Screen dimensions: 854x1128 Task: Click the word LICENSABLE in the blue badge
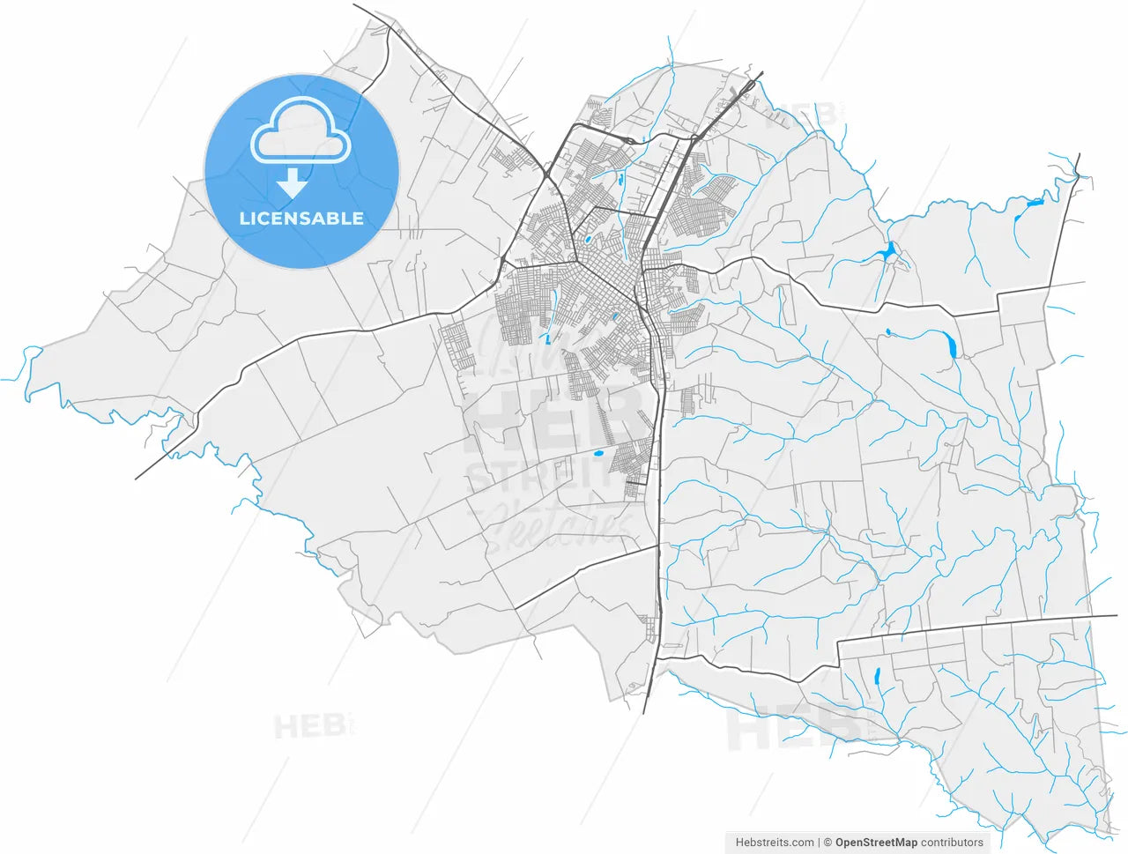[301, 219]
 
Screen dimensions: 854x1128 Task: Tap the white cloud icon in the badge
[301, 131]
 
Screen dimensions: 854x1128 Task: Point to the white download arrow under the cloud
[292, 183]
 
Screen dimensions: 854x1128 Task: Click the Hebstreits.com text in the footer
[775, 843]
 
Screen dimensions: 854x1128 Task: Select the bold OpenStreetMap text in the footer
[876, 843]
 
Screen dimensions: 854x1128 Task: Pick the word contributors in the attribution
[952, 843]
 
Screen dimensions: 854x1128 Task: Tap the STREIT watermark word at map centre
[538, 477]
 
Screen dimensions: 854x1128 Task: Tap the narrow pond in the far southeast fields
[877, 678]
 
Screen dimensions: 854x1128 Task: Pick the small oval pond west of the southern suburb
[597, 454]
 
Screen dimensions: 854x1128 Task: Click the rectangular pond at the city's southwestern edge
[547, 338]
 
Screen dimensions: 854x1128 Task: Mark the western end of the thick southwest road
[137, 479]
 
